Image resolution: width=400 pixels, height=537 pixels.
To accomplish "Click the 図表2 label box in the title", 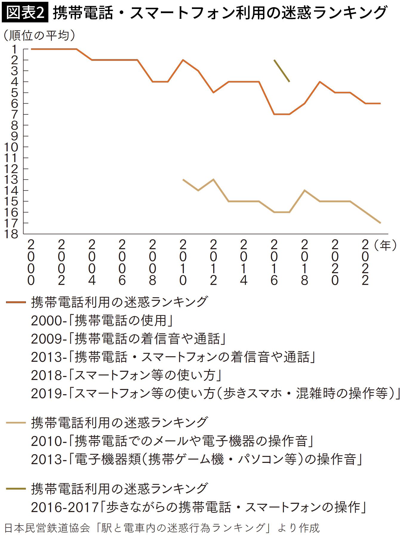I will pos(25,12).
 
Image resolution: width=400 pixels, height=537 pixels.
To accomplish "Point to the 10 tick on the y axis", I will pos(11,147).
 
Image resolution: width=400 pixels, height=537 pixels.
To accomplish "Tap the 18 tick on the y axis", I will pos(11,234).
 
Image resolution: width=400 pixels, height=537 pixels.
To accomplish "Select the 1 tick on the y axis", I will pos(14,49).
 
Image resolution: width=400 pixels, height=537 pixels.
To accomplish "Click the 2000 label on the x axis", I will pos(31,262).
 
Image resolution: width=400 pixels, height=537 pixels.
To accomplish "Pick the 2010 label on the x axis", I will pos(183,262).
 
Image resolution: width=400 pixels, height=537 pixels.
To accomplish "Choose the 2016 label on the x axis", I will pos(274,262).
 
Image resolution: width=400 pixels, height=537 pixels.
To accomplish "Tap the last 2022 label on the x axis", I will pos(365,262).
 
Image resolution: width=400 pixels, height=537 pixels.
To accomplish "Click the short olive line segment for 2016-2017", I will pos(281,71).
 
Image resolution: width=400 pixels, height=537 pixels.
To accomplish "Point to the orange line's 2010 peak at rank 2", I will pos(183,60).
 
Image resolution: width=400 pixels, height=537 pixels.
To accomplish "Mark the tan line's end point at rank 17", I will pos(380,223).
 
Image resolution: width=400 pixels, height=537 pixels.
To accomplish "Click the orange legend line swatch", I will pos(16,302).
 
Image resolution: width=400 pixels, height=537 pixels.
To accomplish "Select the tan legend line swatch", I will pos(16,422).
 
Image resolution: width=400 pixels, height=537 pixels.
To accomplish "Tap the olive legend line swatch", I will pos(16,489).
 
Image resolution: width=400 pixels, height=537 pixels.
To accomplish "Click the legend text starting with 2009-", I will pos(128,339).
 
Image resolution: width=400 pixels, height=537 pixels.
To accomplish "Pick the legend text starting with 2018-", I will pos(126,375).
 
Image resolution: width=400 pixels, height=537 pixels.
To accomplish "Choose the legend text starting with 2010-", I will pos(172,441).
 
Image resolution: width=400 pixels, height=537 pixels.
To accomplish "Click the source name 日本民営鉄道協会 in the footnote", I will pos(47,528).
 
